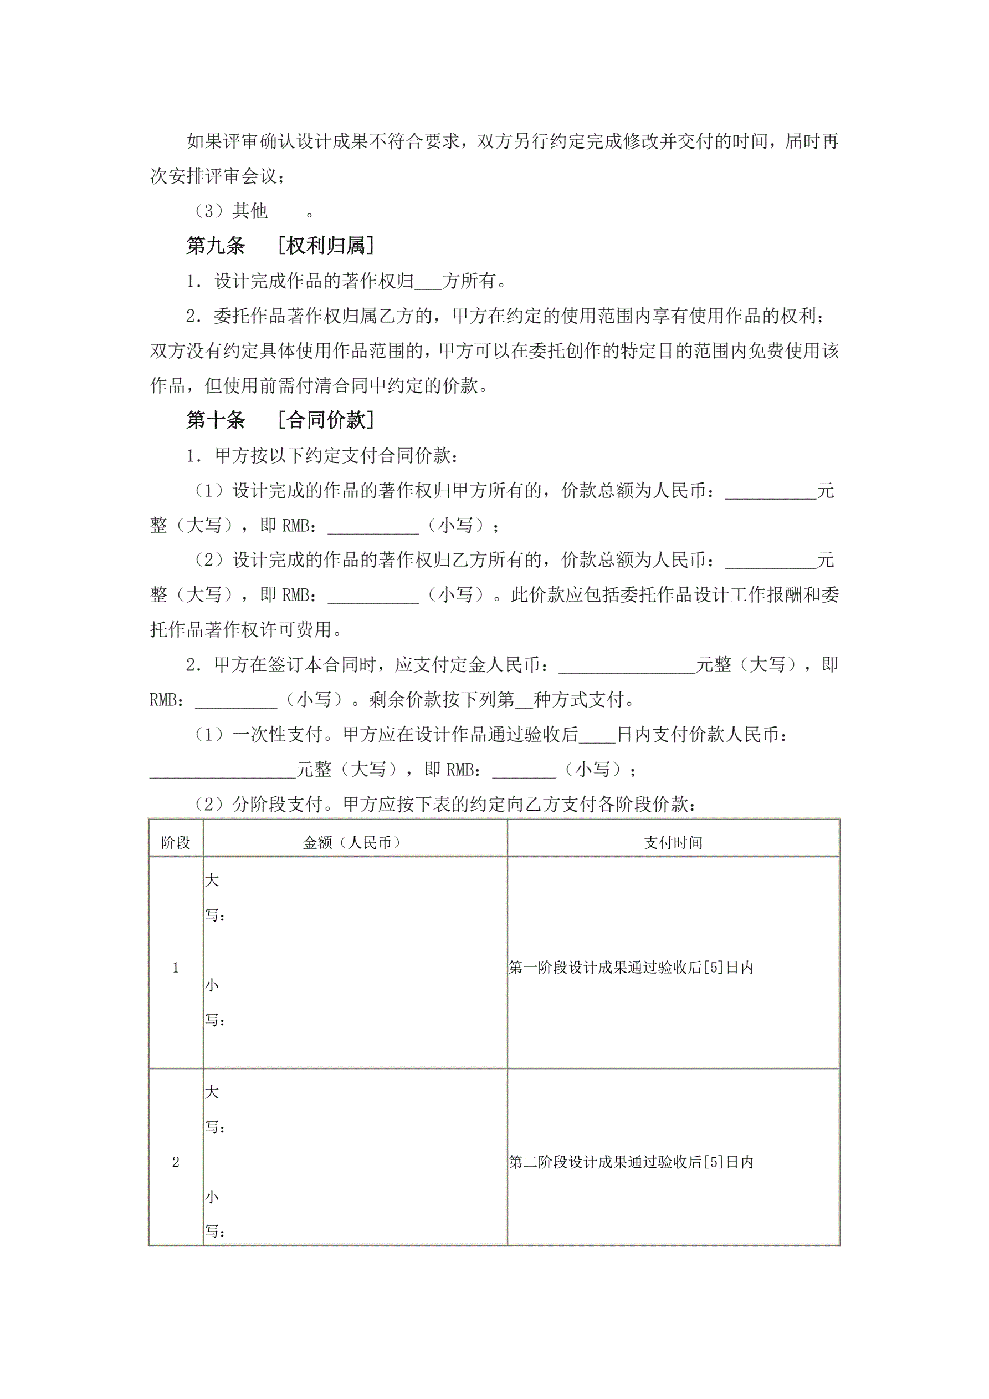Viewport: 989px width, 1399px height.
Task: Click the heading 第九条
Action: click(x=216, y=246)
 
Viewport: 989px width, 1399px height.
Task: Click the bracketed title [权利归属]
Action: click(x=325, y=246)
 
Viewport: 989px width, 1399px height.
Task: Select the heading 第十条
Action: click(x=216, y=420)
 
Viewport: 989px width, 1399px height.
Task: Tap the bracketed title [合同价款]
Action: click(x=325, y=420)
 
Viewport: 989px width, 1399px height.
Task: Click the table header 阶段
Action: click(x=176, y=843)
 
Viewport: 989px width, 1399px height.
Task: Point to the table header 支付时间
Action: click(x=673, y=843)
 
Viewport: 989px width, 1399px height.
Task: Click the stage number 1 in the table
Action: click(x=176, y=968)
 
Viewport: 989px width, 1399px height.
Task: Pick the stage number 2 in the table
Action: click(x=176, y=1162)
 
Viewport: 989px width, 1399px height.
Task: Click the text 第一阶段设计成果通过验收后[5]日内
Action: click(x=631, y=968)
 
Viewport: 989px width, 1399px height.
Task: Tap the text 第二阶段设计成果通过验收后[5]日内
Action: click(x=631, y=1162)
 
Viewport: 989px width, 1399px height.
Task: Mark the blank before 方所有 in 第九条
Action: click(x=428, y=282)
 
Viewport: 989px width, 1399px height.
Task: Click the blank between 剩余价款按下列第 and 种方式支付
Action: click(x=524, y=700)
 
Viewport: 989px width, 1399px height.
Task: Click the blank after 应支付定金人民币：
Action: click(x=627, y=665)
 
